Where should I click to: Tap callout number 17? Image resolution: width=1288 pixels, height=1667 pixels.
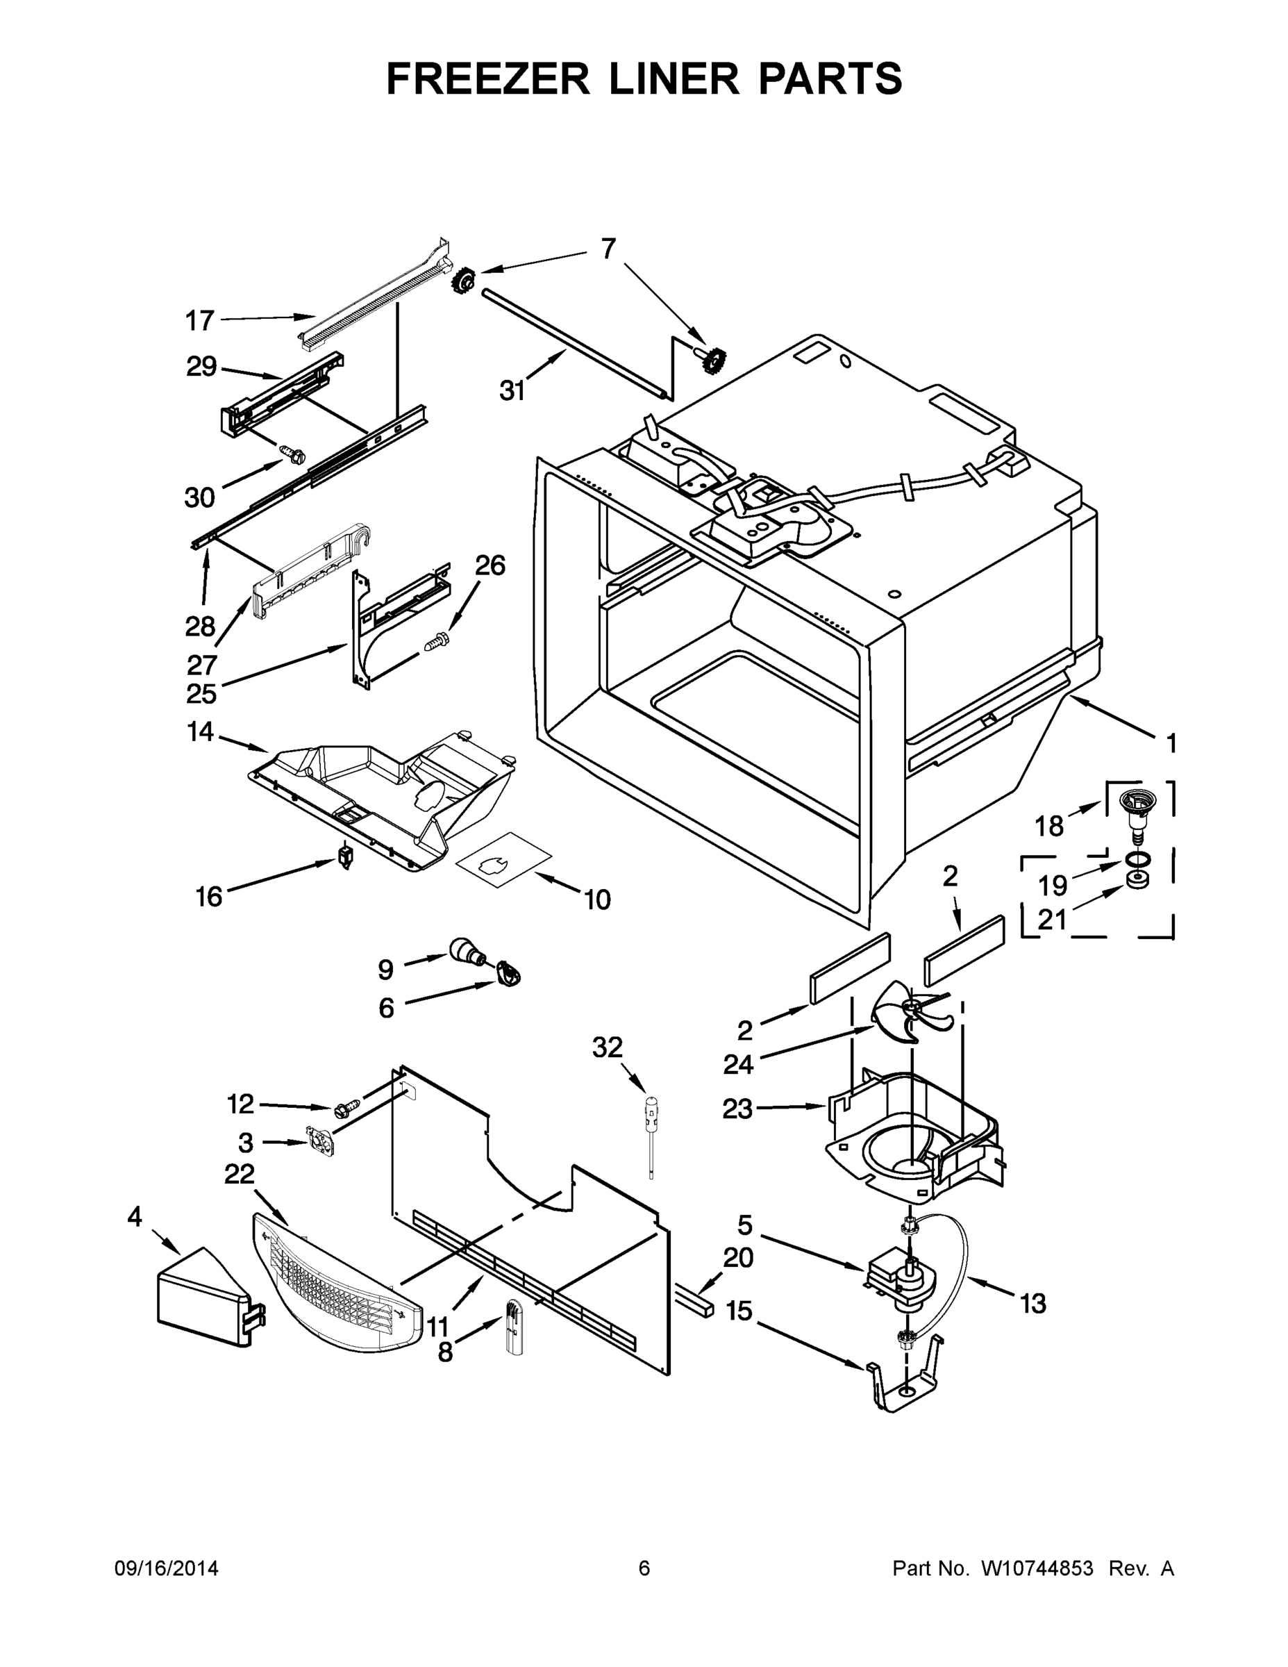tap(200, 322)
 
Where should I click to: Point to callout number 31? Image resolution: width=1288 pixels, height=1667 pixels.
tap(512, 391)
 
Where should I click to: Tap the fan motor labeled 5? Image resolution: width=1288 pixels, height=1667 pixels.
tap(900, 1275)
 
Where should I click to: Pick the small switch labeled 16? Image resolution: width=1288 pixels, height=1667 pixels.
tap(345, 859)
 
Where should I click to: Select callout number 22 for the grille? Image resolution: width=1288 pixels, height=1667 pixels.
tap(239, 1174)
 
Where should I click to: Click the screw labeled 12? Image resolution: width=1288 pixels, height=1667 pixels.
tap(346, 1106)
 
